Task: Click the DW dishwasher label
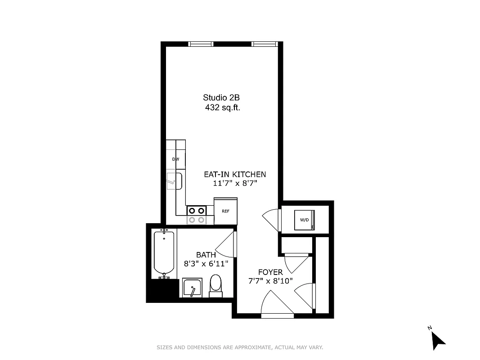point(175,159)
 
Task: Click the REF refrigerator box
point(225,211)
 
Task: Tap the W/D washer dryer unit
point(305,220)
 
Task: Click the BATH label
point(206,255)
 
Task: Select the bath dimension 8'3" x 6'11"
point(206,264)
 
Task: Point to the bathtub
point(164,252)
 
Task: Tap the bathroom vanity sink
point(192,288)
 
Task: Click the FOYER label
point(270,272)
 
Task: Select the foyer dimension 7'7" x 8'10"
point(270,281)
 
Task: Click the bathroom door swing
point(226,247)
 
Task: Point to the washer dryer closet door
point(271,218)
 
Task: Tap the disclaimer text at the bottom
point(240,347)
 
